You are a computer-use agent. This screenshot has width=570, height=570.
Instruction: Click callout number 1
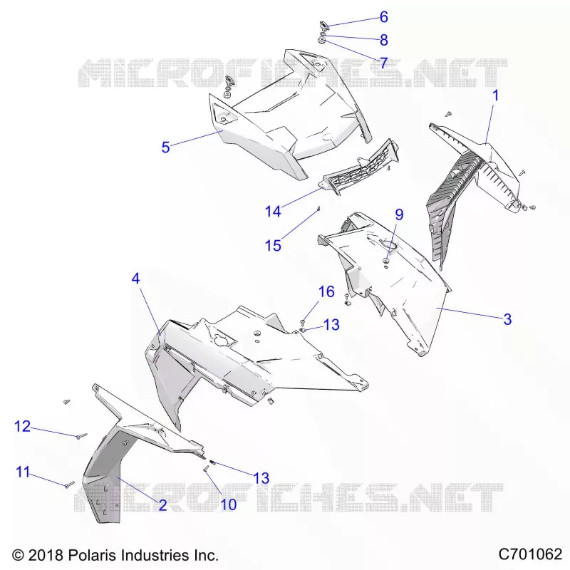495,95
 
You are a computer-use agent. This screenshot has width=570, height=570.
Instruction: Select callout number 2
162,504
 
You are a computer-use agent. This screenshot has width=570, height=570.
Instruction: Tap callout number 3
507,319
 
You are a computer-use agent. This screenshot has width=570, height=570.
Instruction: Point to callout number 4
135,279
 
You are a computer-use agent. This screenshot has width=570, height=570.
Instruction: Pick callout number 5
165,147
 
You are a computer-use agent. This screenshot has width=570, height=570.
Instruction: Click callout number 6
384,16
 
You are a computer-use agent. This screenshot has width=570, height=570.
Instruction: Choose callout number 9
399,214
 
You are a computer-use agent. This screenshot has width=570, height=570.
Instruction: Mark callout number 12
22,426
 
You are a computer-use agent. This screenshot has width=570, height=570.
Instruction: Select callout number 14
273,211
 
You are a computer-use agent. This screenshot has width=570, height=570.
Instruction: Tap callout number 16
326,291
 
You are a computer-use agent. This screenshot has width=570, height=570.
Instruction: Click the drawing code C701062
530,554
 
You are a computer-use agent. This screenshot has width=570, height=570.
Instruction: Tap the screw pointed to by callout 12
81,435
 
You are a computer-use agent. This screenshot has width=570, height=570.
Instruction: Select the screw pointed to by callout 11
69,484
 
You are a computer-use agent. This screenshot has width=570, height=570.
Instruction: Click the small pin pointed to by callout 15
318,208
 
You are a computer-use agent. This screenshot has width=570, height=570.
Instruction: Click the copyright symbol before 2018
18,556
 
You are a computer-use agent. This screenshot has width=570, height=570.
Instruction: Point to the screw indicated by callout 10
206,469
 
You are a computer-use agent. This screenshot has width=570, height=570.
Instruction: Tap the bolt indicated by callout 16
302,322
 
